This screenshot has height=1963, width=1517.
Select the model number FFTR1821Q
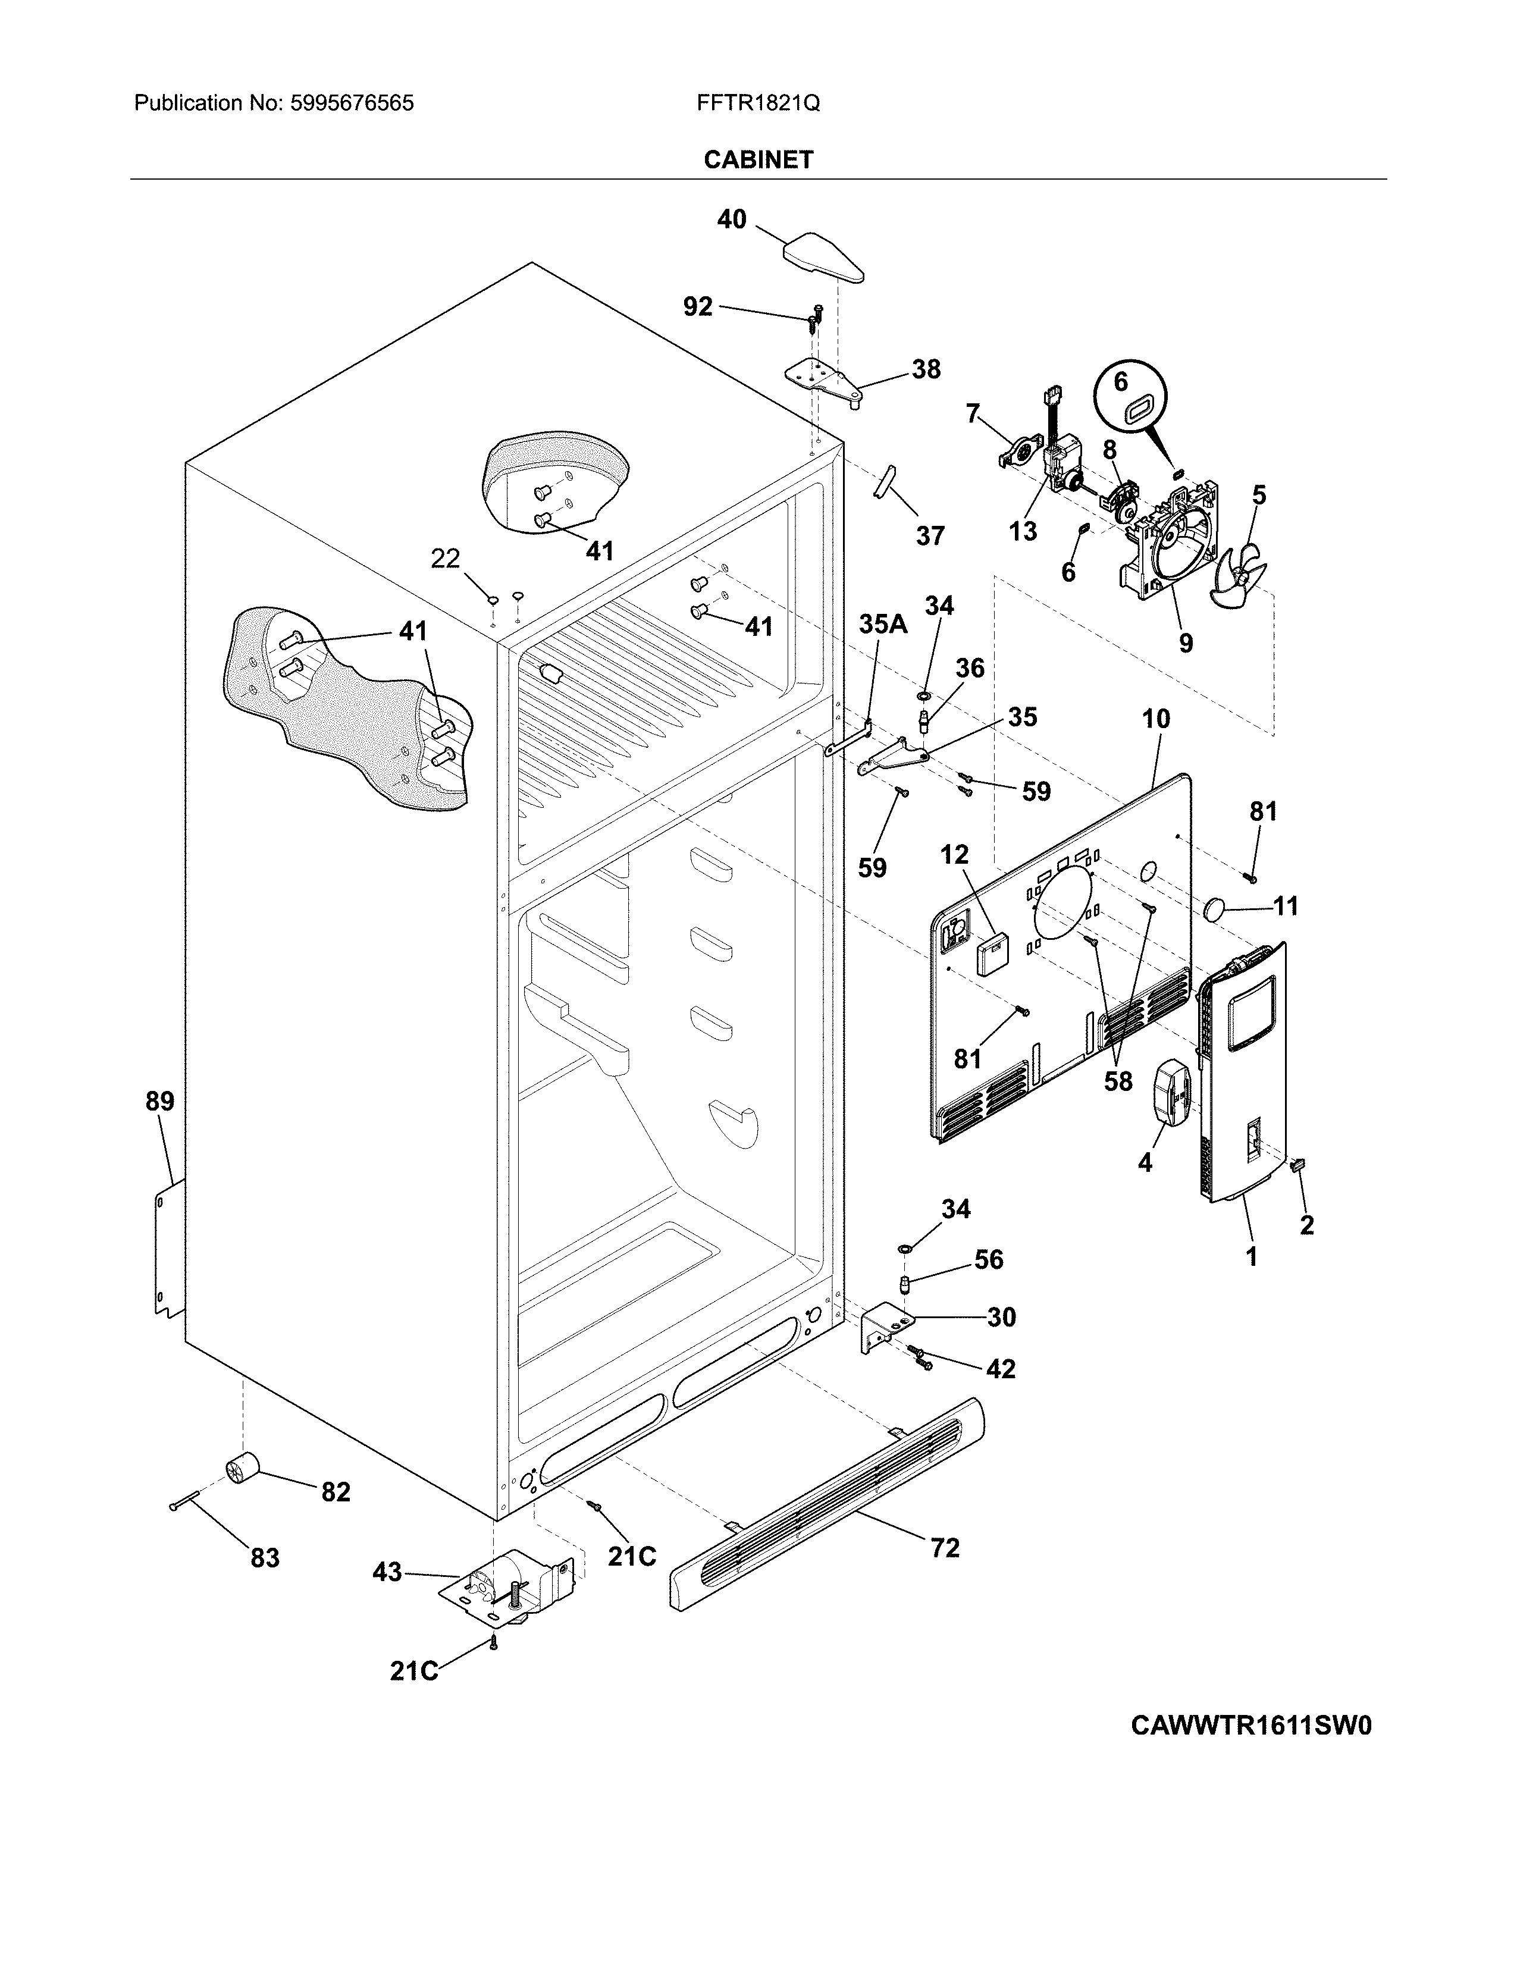pos(757,104)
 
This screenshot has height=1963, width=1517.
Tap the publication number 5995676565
pos(352,104)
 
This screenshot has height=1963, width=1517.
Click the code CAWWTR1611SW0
pos(1251,1751)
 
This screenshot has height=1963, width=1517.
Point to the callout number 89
pos(160,1101)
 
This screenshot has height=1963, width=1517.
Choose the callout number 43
pos(387,1572)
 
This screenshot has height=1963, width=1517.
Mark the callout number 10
pos(1156,719)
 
